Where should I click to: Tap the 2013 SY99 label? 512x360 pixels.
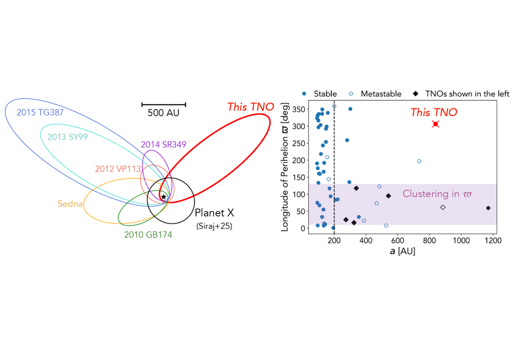67,136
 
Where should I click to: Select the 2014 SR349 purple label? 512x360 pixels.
163,144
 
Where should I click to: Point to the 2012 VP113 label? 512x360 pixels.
117,169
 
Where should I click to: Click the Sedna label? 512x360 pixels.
70,203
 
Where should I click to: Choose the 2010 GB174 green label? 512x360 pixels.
148,234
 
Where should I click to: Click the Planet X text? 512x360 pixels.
215,213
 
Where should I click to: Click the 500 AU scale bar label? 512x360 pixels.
164,113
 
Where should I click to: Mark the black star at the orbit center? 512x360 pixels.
164,197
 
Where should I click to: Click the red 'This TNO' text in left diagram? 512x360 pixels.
251,107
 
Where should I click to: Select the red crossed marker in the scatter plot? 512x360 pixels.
436,124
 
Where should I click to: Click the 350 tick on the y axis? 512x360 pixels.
300,109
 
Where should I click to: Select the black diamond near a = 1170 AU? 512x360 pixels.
488,208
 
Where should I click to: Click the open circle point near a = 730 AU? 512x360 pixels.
419,161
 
